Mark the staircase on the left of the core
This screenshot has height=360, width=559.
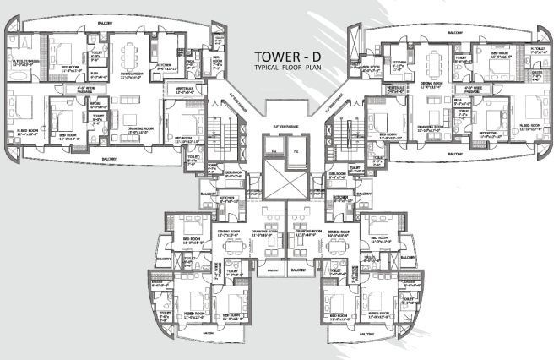tap(225, 135)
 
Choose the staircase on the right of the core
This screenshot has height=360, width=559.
tap(345, 135)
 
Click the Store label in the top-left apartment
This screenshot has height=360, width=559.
tap(95, 105)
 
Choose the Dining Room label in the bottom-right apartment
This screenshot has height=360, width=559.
tap(339, 233)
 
